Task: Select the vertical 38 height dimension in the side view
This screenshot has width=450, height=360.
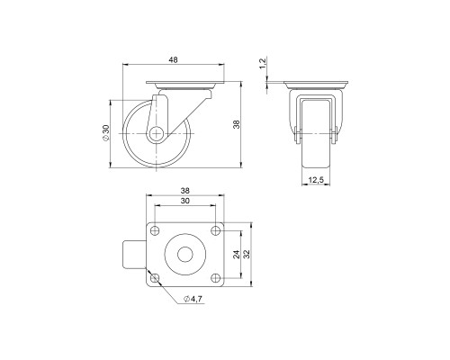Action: tap(235, 125)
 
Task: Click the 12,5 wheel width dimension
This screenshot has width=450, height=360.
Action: tap(317, 181)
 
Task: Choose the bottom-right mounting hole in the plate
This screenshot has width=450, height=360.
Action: tap(215, 277)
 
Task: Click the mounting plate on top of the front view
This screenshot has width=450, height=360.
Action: tap(316, 87)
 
